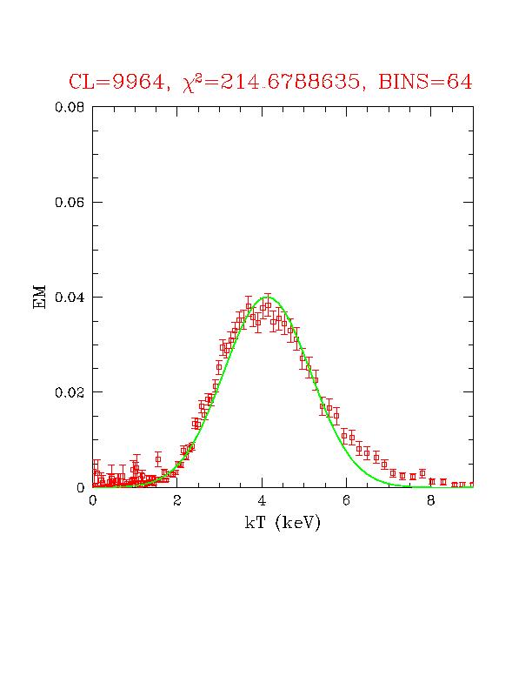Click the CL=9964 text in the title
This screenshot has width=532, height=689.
coord(116,82)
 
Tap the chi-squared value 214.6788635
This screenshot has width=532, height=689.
coord(290,82)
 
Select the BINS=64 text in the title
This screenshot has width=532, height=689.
coord(425,82)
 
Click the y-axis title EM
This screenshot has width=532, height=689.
coord(39,297)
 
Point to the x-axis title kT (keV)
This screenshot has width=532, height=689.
coord(283,523)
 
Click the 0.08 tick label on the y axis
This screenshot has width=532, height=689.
coord(70,107)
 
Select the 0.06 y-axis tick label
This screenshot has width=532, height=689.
coord(70,202)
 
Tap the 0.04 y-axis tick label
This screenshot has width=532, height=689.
coord(70,297)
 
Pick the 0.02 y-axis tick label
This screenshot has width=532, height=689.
coord(70,392)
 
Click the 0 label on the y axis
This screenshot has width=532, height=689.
coord(81,487)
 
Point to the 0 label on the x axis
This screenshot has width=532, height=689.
coord(93,500)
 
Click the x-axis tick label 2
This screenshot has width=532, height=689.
coord(176,500)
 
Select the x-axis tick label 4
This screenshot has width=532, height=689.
coord(262,500)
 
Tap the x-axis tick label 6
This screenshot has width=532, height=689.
coord(346,500)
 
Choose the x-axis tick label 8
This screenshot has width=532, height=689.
coord(430,500)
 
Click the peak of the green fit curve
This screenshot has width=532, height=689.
coord(268,297)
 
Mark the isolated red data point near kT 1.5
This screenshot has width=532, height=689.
coord(158,459)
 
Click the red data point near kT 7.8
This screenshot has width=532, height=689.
coord(422,473)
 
